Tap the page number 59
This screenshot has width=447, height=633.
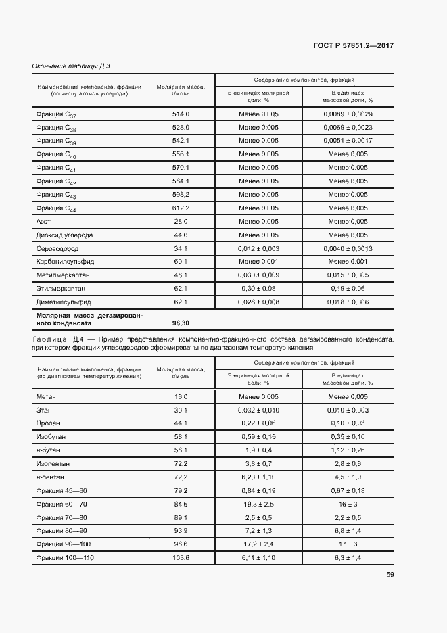[390, 575]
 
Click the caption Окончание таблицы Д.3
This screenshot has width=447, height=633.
[71, 66]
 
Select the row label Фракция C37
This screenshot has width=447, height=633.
[56, 114]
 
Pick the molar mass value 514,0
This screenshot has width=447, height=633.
[180, 114]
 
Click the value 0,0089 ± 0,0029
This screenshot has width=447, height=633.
[348, 114]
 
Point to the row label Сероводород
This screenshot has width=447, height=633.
[57, 248]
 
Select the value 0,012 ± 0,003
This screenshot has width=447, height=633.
[258, 248]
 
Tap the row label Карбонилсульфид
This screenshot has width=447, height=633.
[65, 261]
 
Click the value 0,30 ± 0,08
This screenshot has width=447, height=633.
[258, 288]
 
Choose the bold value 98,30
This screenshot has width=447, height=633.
[180, 323]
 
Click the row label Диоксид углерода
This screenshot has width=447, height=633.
[64, 235]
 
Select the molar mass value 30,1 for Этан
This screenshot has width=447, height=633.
[180, 410]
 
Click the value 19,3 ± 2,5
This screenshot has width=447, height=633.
[258, 503]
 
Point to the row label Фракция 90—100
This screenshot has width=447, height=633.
[64, 544]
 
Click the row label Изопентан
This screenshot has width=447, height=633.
[53, 463]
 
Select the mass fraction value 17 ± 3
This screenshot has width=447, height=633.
[348, 544]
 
